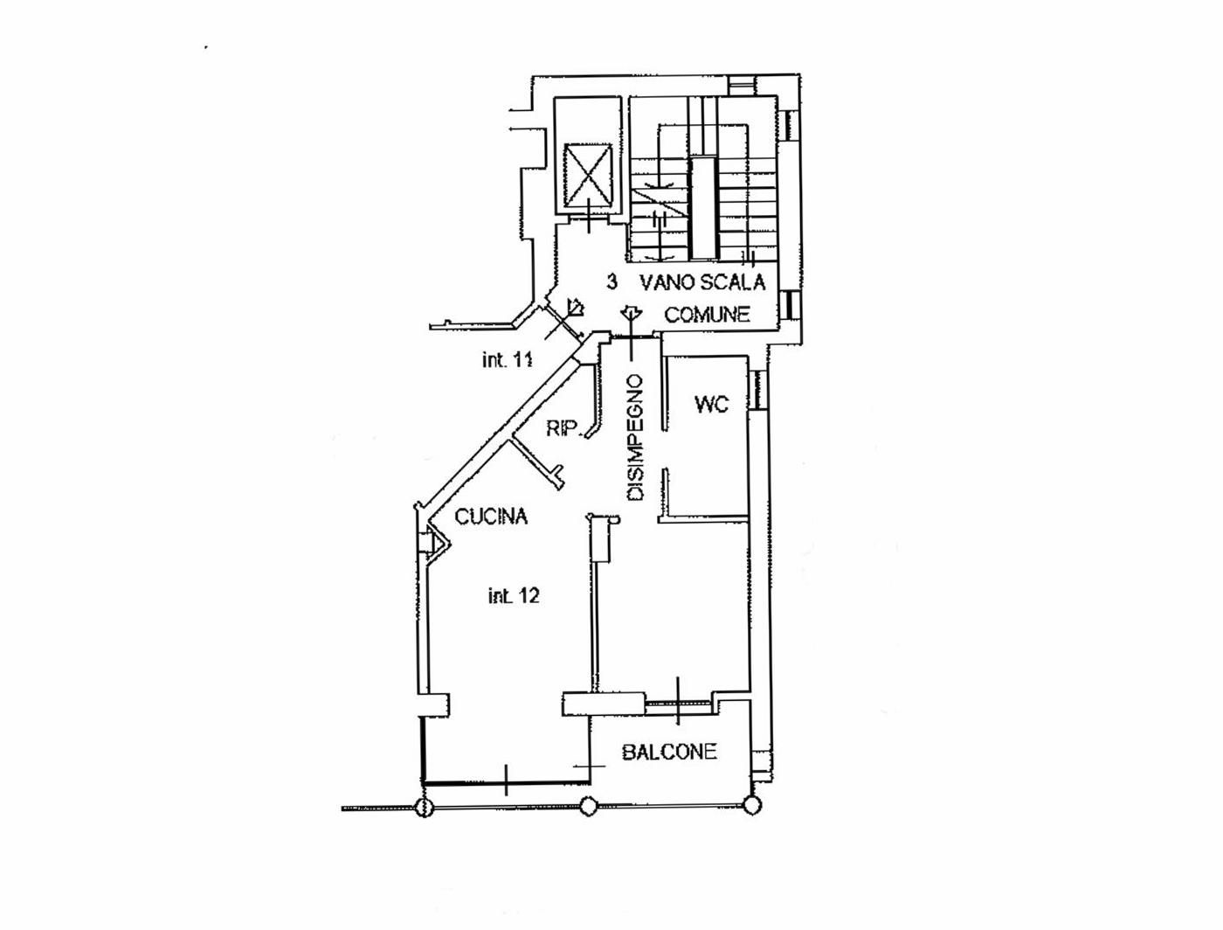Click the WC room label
711,404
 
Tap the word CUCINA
492,517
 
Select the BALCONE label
669,752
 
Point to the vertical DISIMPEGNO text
636,438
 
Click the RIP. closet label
564,428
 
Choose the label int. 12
513,596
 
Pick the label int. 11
507,360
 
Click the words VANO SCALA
702,282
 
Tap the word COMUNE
708,315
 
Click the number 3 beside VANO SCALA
612,282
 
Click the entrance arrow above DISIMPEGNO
631,313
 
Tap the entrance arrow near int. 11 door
575,307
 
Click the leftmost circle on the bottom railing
423,808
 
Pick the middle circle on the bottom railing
589,807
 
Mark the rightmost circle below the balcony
751,806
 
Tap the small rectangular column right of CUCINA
601,538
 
